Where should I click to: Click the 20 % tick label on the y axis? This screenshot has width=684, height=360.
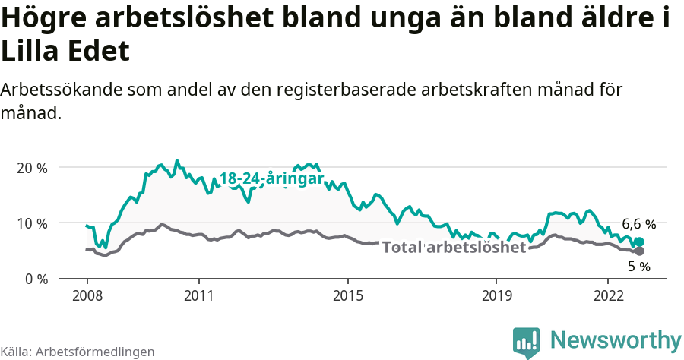pyautogui.click(x=31, y=168)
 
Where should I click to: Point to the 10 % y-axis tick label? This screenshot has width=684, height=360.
pyautogui.click(x=31, y=223)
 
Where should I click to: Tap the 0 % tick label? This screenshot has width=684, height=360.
pyautogui.click(x=35, y=279)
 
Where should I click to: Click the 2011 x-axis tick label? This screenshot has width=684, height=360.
pyautogui.click(x=198, y=294)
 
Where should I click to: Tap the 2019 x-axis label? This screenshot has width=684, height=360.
pyautogui.click(x=496, y=294)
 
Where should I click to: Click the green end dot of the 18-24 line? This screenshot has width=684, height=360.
pyautogui.click(x=639, y=242)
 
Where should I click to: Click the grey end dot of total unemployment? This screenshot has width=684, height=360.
pyautogui.click(x=639, y=251)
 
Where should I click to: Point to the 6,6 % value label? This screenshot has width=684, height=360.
pyautogui.click(x=638, y=224)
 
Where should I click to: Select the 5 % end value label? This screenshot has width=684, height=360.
pyautogui.click(x=639, y=267)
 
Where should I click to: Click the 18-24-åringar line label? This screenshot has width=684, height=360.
pyautogui.click(x=271, y=178)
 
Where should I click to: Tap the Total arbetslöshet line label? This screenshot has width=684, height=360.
pyautogui.click(x=454, y=248)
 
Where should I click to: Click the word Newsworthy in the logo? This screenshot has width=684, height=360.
pyautogui.click(x=616, y=339)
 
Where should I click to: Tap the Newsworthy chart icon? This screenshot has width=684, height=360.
pyautogui.click(x=526, y=343)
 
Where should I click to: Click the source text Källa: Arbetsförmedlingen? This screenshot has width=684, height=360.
pyautogui.click(x=78, y=352)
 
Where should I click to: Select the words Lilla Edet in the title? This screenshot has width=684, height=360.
pyautogui.click(x=65, y=52)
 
